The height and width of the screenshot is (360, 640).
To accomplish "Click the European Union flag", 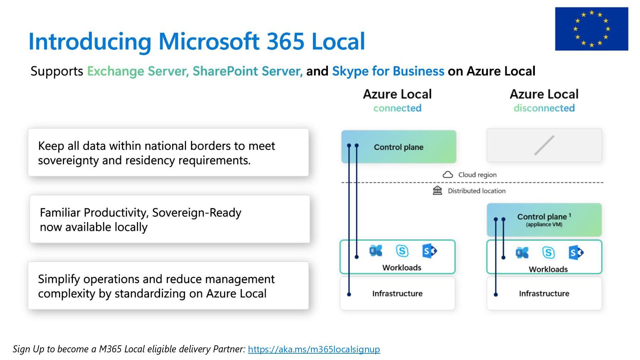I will [x=591, y=29].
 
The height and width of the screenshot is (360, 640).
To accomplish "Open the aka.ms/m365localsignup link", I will [x=314, y=349].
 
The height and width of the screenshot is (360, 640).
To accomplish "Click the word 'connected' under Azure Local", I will [x=397, y=108].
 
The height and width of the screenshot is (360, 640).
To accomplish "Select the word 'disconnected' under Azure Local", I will [x=544, y=108].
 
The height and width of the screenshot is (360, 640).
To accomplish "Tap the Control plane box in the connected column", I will [x=399, y=147].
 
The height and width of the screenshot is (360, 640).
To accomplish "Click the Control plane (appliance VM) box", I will [x=544, y=220].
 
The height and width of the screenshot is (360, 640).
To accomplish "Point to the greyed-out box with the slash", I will [x=544, y=145].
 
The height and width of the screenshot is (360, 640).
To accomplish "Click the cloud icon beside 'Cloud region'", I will [x=448, y=175].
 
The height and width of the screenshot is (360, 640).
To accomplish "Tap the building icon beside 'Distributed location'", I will [x=437, y=191].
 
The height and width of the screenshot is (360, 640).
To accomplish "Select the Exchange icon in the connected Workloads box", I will [x=376, y=251].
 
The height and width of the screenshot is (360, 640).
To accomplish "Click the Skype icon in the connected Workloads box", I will [x=402, y=251].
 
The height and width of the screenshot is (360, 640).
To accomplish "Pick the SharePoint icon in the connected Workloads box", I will [x=429, y=251].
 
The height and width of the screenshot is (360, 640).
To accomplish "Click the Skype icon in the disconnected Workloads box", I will [x=548, y=253].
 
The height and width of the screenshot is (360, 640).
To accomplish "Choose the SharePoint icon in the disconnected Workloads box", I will [x=576, y=253].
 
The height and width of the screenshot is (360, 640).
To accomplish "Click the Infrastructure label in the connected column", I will [x=397, y=294].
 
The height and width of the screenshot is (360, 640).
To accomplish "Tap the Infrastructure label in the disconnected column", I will [x=544, y=294].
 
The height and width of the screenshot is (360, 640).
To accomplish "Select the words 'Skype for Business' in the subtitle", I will [x=388, y=71].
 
